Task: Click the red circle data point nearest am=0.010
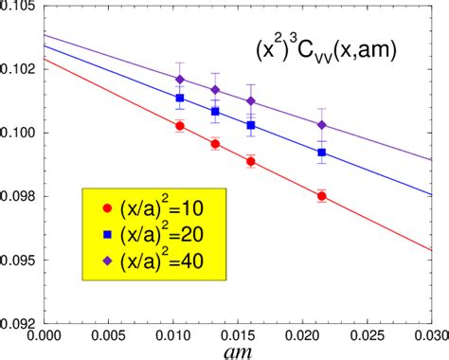point(180,125)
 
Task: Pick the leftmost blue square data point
point(180,98)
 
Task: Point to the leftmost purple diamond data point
point(180,80)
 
